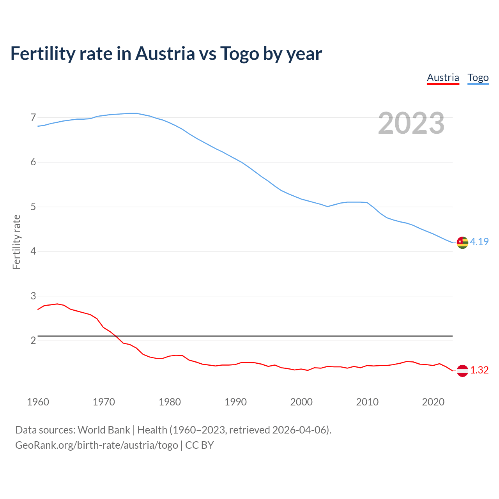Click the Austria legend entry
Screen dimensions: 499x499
coord(443,78)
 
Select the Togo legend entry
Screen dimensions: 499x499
coord(478,78)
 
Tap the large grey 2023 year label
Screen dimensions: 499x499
coord(411,123)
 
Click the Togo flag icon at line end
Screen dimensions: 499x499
coord(462,242)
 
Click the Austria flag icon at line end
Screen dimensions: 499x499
coord(462,370)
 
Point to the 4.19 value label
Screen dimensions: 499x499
coord(479,242)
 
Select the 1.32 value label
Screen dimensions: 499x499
coord(479,370)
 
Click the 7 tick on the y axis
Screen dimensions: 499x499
coord(33,117)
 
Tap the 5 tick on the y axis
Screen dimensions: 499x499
coord(33,207)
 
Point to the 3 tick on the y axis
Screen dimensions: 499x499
coord(33,296)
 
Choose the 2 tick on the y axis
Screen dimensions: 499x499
coord(33,340)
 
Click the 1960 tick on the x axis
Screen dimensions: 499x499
coord(38,402)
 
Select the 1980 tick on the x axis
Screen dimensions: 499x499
coord(170,402)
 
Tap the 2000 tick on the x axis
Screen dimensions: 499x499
coord(301,402)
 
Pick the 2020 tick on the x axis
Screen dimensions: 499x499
coord(433,402)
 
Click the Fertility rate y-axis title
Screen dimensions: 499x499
coord(16,242)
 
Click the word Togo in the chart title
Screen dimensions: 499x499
coord(239,53)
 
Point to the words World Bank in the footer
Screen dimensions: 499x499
coord(104,430)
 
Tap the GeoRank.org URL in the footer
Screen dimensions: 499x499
coord(97,445)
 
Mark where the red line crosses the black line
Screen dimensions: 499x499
coord(116,336)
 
